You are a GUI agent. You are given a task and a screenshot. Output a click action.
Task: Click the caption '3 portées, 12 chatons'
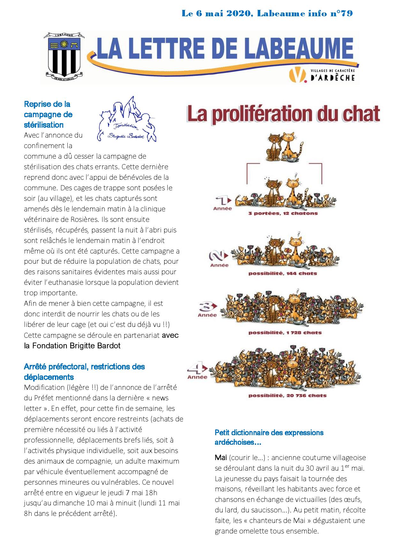tap(283, 213)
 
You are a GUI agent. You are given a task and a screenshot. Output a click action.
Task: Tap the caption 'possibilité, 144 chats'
tap(283, 273)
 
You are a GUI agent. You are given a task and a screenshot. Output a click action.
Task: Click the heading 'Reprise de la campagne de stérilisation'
tap(48, 114)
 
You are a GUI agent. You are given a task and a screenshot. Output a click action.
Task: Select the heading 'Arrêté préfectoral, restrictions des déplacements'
tap(84, 372)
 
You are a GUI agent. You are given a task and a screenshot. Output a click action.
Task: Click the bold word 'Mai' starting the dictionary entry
tap(220, 458)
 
